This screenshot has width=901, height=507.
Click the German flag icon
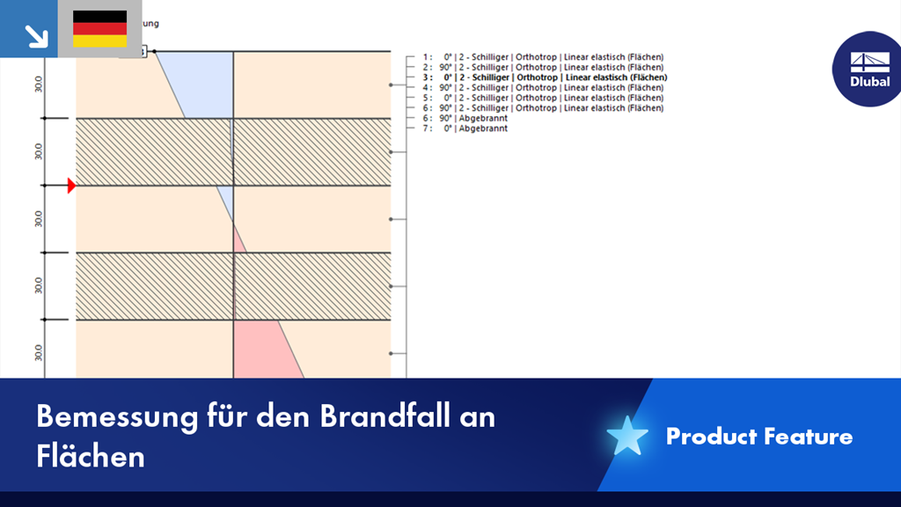click(99, 29)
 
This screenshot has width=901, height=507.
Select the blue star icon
click(626, 436)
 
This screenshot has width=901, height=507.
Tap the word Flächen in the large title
click(91, 455)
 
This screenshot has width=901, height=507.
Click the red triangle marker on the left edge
click(71, 186)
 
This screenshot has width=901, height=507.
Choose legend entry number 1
click(542, 57)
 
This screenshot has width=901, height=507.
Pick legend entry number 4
click(542, 88)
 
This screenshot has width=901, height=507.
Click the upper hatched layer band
click(233, 152)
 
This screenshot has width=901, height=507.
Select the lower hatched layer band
click(233, 286)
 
